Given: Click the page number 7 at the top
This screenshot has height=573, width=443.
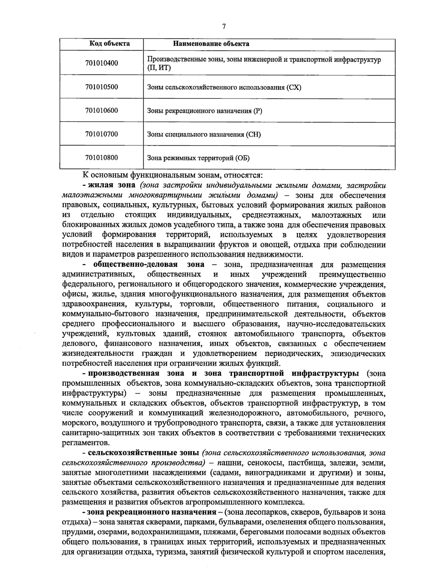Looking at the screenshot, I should [224, 26].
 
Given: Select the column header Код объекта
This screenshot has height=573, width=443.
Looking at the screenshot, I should [110, 44].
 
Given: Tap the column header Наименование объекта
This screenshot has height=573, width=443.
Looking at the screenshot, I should [211, 44].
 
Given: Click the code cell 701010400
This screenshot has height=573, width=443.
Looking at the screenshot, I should [102, 63].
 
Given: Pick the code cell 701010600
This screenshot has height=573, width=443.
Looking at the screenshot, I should [102, 110].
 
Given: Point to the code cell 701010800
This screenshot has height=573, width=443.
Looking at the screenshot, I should [102, 158].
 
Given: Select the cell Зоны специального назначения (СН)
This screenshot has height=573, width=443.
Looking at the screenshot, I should [204, 134].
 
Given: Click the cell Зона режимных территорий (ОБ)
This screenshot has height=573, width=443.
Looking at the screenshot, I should [198, 158].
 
